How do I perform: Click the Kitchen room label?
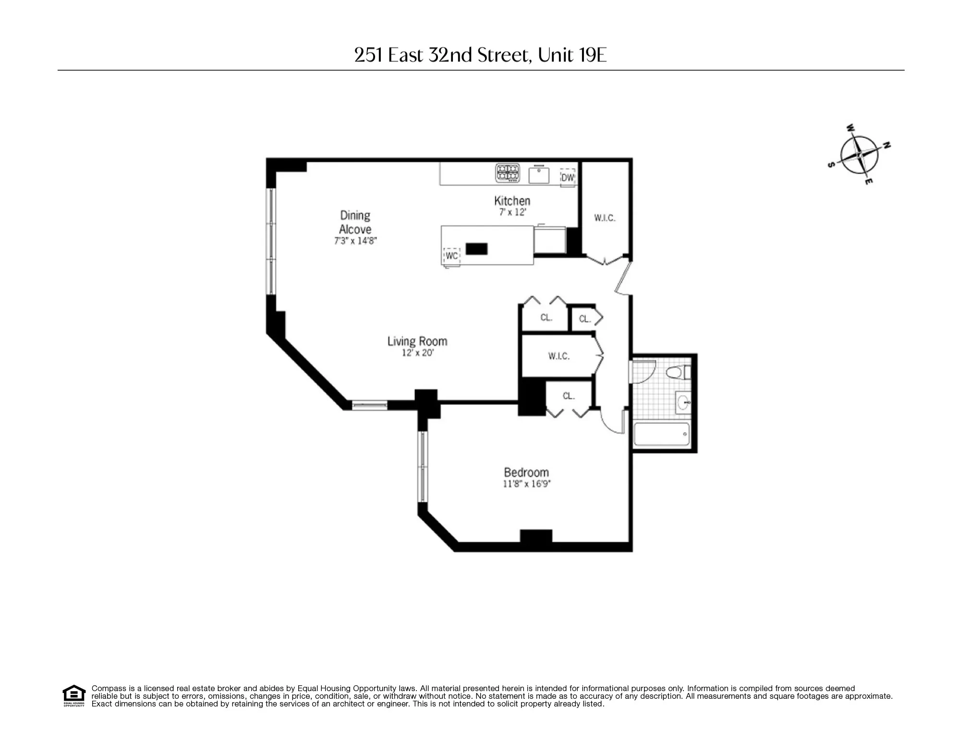click(x=512, y=201)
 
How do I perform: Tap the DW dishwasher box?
click(x=568, y=177)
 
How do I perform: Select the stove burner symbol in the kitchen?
click(x=508, y=173)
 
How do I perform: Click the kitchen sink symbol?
click(x=539, y=175)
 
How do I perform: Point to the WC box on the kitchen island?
click(x=451, y=255)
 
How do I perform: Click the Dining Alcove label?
click(x=355, y=222)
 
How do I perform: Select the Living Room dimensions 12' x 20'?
click(x=417, y=353)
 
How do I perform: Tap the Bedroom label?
click(x=526, y=472)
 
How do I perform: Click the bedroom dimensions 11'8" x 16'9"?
click(x=526, y=484)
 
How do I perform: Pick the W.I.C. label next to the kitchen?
click(x=604, y=218)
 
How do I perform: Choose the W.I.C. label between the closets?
click(x=559, y=356)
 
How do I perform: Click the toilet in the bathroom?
click(x=677, y=372)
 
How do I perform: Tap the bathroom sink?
click(x=683, y=402)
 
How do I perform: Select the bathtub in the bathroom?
click(x=661, y=434)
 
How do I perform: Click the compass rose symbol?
click(x=859, y=155)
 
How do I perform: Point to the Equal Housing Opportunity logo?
click(x=74, y=695)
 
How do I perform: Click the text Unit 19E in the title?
click(x=572, y=55)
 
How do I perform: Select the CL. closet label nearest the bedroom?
click(x=569, y=396)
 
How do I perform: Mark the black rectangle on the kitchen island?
click(x=476, y=249)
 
